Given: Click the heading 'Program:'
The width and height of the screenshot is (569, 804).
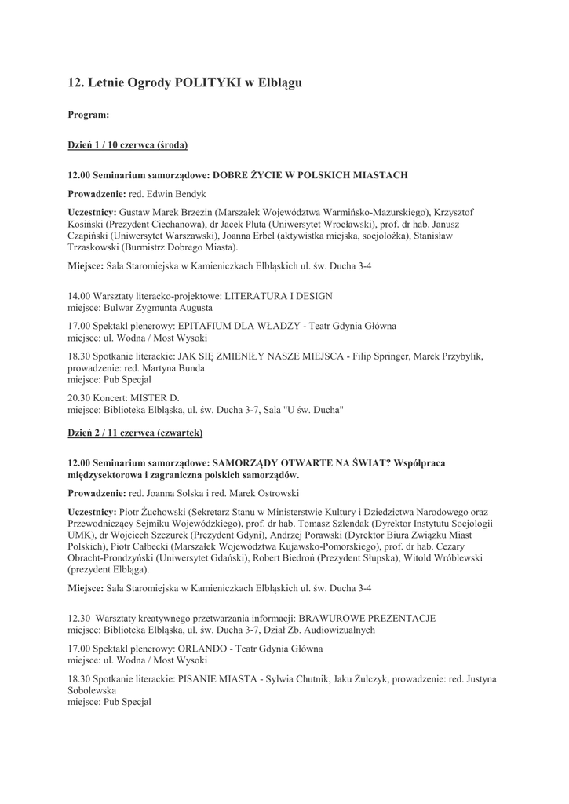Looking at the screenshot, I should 88,115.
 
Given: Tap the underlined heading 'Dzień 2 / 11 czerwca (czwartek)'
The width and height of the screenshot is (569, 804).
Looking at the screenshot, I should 135,433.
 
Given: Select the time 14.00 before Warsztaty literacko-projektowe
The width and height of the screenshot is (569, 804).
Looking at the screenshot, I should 78,297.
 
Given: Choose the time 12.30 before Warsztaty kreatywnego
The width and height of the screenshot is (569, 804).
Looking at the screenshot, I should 79,618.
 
